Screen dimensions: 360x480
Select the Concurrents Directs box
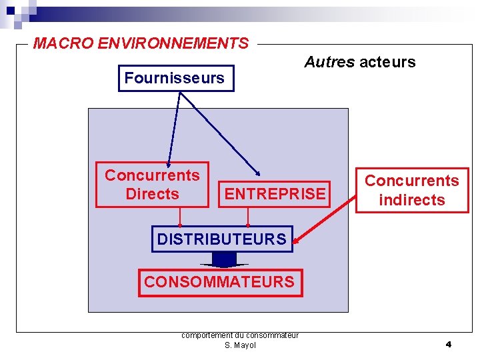152,185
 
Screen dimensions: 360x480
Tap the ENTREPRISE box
275,194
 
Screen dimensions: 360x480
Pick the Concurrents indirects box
411,190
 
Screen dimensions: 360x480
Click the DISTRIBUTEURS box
221,239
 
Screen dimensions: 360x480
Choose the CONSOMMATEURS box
219,282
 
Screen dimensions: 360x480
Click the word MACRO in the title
63,44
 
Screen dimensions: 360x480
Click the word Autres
329,63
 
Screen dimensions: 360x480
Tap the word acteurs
387,63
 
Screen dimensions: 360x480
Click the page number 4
448,344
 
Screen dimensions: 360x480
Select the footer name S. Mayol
240,345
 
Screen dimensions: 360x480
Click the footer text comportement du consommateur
240,335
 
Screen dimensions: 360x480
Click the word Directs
152,194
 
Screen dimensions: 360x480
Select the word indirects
411,199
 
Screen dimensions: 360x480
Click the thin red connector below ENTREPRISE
248,217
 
